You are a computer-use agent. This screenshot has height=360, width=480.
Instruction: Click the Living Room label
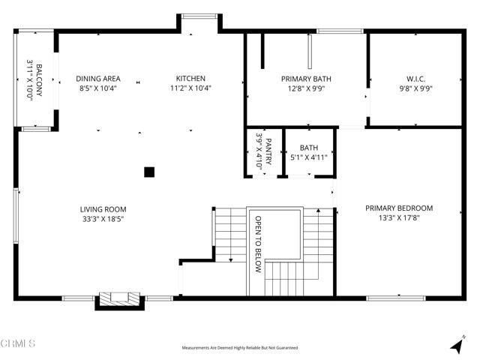(x=103, y=209)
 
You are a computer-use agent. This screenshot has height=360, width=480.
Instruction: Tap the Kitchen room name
(x=190, y=79)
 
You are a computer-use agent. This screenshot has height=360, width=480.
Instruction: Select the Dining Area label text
(x=97, y=79)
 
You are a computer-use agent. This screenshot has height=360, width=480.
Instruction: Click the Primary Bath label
(x=306, y=79)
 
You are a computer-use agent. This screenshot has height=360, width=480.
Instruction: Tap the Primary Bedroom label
(x=399, y=208)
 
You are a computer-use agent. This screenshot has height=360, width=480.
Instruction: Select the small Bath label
(x=308, y=148)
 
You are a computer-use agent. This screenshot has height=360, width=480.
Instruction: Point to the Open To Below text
(x=257, y=244)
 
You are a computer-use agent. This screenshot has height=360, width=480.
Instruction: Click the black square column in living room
(x=149, y=172)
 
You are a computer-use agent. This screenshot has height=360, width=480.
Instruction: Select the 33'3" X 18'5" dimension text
(x=103, y=219)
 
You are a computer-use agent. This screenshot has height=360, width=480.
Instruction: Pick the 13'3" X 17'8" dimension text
(x=399, y=218)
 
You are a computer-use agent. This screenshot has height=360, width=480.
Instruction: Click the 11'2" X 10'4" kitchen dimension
(x=190, y=88)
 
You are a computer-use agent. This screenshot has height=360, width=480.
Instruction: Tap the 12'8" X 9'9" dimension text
(x=306, y=88)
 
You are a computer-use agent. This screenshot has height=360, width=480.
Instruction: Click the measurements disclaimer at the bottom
(x=240, y=348)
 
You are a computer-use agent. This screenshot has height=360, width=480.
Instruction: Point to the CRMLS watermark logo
(x=18, y=343)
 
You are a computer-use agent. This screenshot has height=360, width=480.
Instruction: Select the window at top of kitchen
(x=199, y=16)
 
